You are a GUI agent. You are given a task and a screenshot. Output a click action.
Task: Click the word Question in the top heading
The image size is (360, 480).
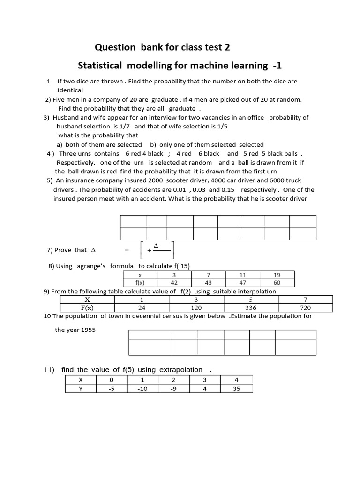pos(114,47)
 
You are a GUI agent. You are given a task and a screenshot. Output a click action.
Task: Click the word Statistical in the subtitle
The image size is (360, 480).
pos(99,65)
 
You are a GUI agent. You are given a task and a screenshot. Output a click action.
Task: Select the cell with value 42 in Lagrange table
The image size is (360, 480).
pos(174,283)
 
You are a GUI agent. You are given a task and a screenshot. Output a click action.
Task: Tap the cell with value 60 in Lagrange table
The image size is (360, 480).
pos(277,283)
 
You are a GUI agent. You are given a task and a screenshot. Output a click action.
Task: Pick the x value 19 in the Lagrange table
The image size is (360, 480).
pos(277,275)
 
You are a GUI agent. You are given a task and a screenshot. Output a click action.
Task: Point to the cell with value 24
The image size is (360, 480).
pos(142,308)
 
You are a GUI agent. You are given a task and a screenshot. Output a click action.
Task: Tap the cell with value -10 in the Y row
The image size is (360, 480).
pos(142,389)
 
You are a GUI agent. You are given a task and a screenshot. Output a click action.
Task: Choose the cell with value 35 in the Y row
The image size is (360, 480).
pos(236,389)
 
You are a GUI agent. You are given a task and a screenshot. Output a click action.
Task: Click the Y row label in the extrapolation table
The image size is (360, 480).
pos(80,389)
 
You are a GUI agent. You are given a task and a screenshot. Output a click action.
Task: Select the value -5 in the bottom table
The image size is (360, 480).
pos(111,389)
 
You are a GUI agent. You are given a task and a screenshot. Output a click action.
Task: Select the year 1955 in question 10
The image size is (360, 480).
pos(88,330)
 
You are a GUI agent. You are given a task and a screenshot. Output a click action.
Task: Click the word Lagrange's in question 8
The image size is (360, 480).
pos(90,266)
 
